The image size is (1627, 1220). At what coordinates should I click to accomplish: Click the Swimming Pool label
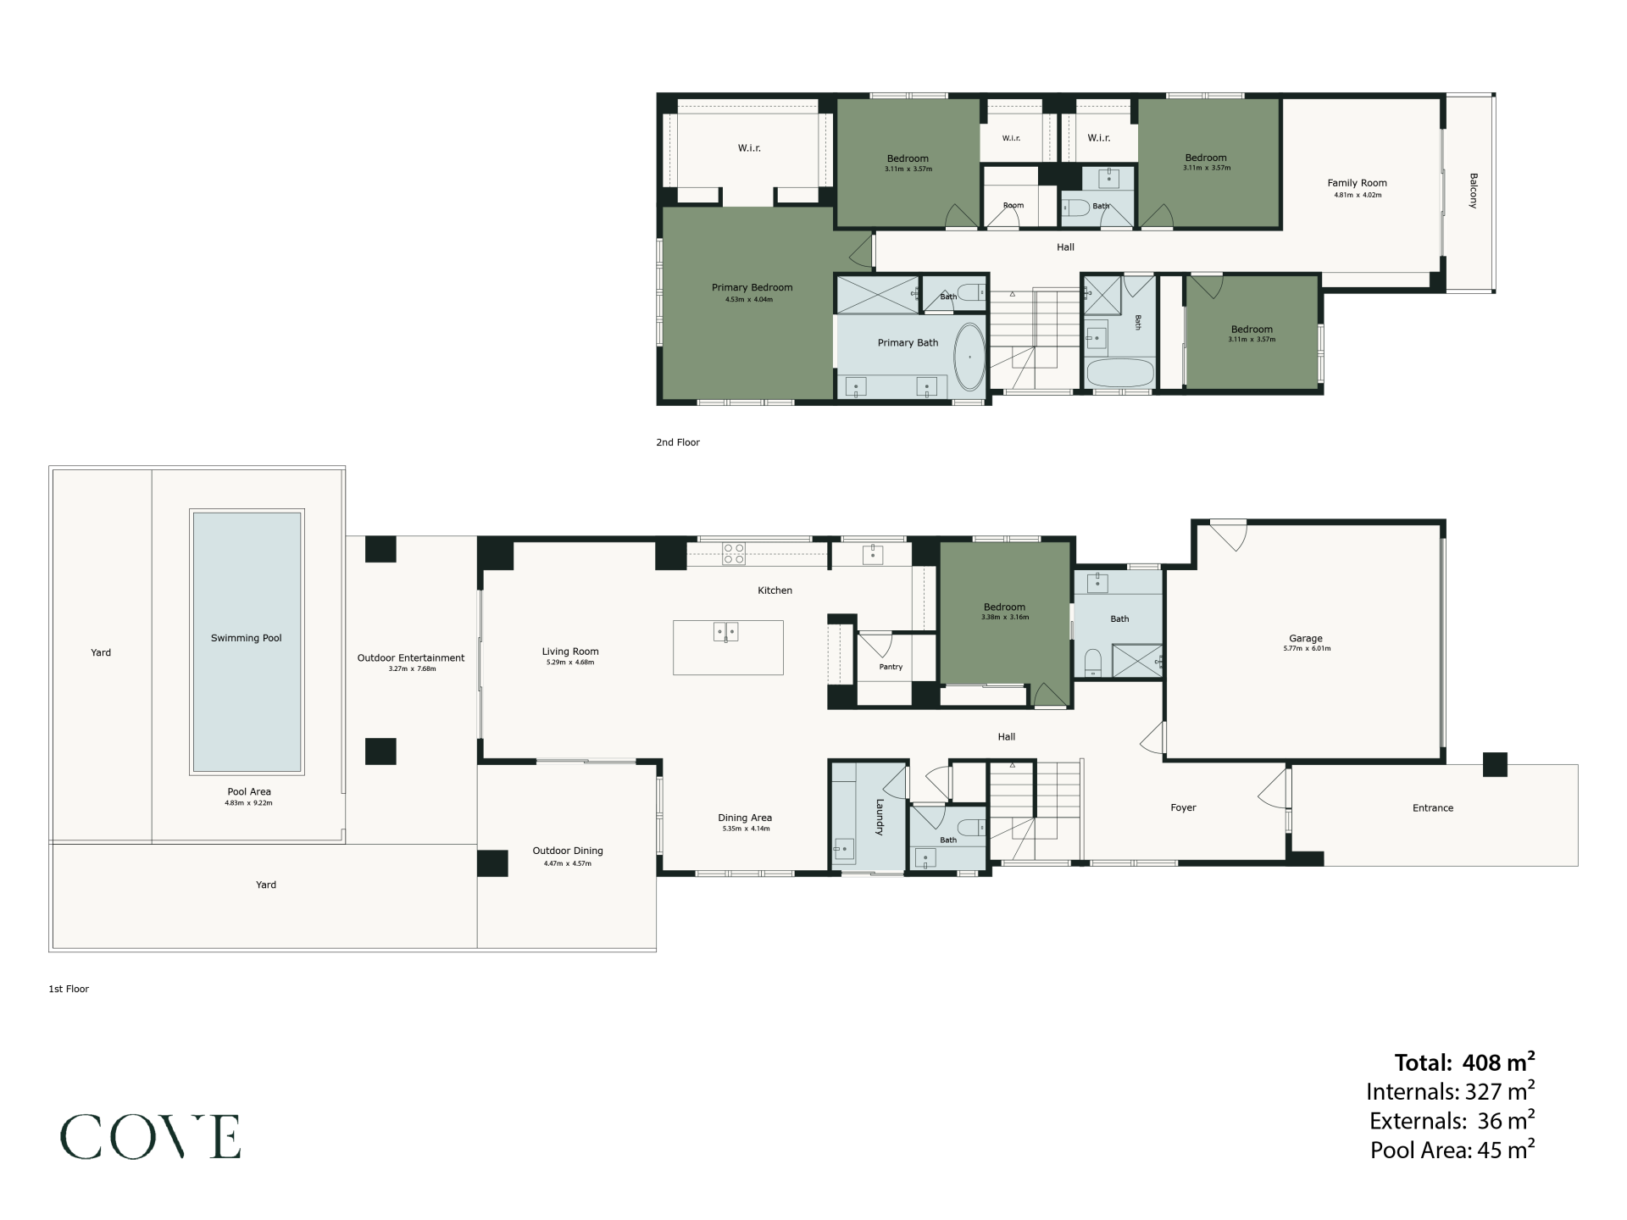click(x=247, y=638)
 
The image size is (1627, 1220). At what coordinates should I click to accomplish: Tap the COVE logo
click(x=150, y=1137)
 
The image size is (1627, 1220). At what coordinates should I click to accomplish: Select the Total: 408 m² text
click(x=1465, y=1062)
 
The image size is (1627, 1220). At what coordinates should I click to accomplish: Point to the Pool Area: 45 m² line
click(x=1452, y=1150)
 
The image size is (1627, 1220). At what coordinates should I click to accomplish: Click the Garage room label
click(x=1306, y=638)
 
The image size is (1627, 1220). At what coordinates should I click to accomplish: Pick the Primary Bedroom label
click(x=752, y=287)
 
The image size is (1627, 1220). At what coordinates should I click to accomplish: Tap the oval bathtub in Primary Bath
click(x=969, y=357)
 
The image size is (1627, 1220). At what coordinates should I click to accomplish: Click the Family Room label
click(x=1357, y=182)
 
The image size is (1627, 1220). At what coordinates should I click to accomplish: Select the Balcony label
click(x=1473, y=191)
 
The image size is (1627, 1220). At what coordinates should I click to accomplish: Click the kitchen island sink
click(x=726, y=632)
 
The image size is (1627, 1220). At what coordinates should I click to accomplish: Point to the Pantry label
click(x=891, y=667)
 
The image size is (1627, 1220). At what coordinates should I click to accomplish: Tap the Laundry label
click(x=880, y=817)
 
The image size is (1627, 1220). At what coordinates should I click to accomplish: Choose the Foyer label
click(x=1183, y=807)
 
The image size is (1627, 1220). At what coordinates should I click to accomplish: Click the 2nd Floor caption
click(x=678, y=442)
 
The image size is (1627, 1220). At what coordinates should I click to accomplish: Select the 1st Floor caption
click(x=69, y=989)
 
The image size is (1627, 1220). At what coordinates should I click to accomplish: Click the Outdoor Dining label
click(x=568, y=851)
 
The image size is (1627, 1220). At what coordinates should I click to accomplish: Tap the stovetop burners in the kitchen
click(x=734, y=553)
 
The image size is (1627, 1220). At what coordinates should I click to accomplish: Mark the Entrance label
click(x=1433, y=807)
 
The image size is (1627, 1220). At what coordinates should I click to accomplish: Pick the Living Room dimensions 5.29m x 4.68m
click(x=570, y=663)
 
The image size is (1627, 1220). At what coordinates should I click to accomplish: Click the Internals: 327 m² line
click(x=1451, y=1091)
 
